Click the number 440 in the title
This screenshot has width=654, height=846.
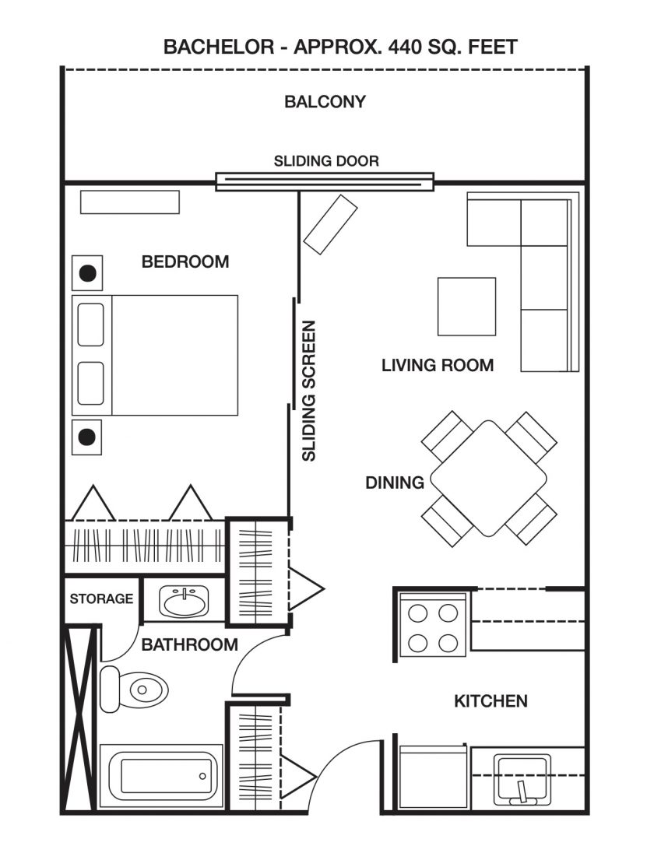pyautogui.click(x=404, y=47)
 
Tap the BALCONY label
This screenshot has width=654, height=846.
pyautogui.click(x=325, y=101)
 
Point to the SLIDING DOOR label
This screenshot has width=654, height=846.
pyautogui.click(x=326, y=161)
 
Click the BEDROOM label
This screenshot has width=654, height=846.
pyautogui.click(x=185, y=262)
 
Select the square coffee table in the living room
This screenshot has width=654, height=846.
pyautogui.click(x=467, y=307)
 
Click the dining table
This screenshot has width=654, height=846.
pyautogui.click(x=488, y=479)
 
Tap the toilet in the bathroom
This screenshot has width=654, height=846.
pyautogui.click(x=134, y=689)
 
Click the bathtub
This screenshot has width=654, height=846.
pyautogui.click(x=162, y=776)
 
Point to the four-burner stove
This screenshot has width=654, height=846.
pyautogui.click(x=433, y=625)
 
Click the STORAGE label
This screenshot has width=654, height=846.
pyautogui.click(x=101, y=599)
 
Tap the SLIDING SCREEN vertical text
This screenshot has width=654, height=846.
pyautogui.click(x=308, y=391)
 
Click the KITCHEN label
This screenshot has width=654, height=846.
pyautogui.click(x=490, y=701)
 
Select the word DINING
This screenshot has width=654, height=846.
pyautogui.click(x=395, y=483)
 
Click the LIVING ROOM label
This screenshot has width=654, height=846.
pyautogui.click(x=438, y=365)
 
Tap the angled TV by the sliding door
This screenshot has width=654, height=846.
pyautogui.click(x=330, y=224)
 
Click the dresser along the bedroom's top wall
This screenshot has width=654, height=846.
pyautogui.click(x=129, y=202)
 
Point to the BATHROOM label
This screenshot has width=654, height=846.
pyautogui.click(x=189, y=644)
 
